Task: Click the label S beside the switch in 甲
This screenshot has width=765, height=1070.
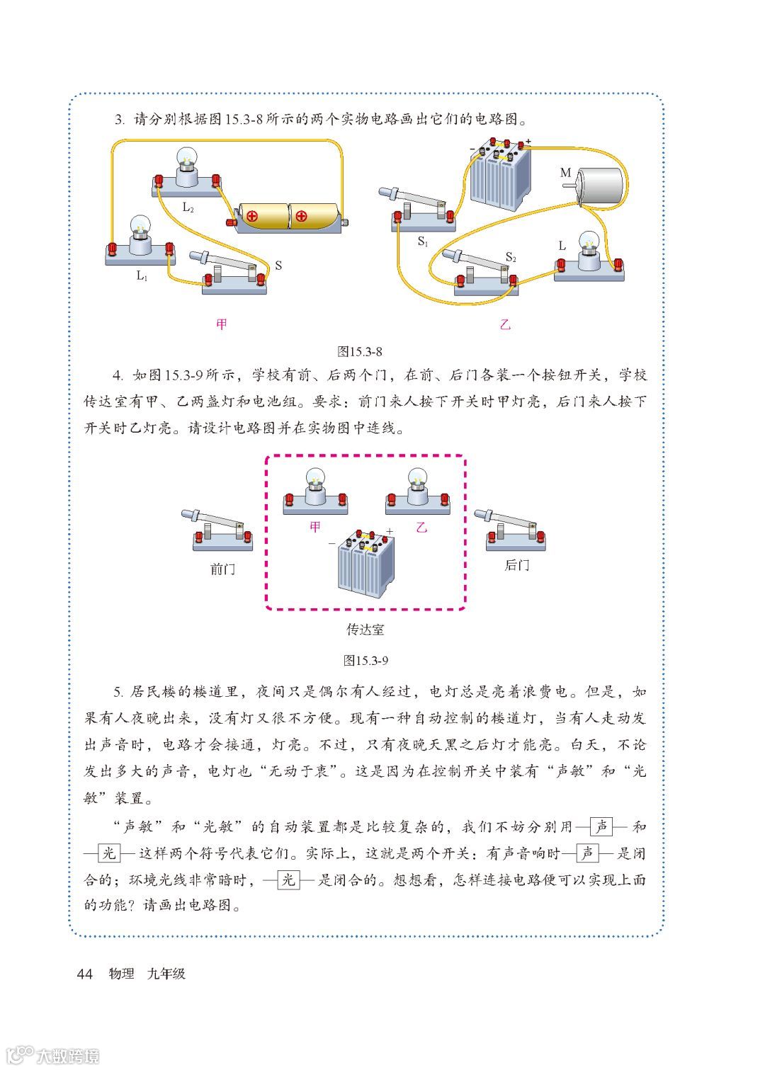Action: pos(278,266)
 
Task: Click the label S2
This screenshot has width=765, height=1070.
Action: pos(511,257)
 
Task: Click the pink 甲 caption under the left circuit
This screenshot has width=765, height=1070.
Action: pos(222,324)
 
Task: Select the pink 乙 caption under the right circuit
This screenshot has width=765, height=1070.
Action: pos(505,325)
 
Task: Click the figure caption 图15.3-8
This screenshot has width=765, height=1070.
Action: pos(360,351)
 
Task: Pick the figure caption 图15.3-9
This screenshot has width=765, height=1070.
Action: pos(365,660)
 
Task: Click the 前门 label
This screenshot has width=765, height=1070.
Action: pos(222,569)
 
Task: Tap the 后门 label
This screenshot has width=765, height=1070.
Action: pos(516,565)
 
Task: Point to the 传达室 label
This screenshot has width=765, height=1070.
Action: pos(365,629)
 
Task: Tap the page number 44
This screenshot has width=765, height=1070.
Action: pos(84,974)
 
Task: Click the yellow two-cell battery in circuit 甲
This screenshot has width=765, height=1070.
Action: pos(289,216)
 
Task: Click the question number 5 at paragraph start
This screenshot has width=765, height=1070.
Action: pos(118,692)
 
